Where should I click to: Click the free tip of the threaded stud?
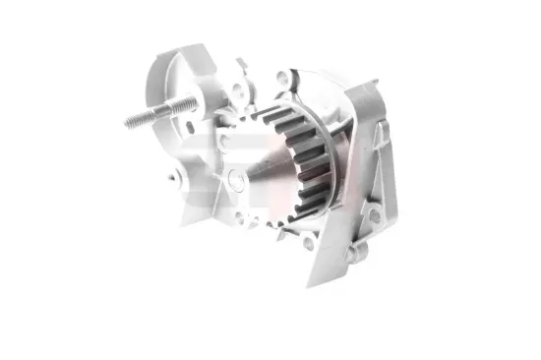(x=129, y=123)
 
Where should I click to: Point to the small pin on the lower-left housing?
(x=173, y=179)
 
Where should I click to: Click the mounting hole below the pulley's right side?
(x=307, y=243)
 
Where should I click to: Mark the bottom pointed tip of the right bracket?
(x=310, y=286)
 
